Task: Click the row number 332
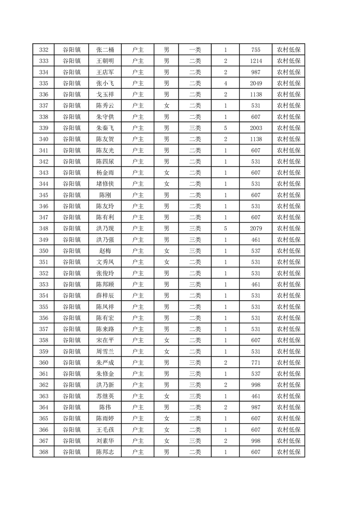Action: click(x=44, y=50)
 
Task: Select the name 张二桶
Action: click(x=105, y=50)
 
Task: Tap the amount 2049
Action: click(x=256, y=83)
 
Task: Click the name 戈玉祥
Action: click(x=105, y=94)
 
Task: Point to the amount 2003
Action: click(x=256, y=128)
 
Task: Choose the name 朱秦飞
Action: click(x=105, y=128)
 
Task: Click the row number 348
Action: click(x=44, y=228)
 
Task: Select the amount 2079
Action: click(x=256, y=228)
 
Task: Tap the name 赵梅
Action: click(x=105, y=251)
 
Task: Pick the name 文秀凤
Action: click(x=105, y=262)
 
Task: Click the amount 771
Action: click(x=256, y=362)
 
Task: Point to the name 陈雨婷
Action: click(x=105, y=418)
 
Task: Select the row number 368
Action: click(x=44, y=451)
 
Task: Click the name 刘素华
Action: click(x=105, y=440)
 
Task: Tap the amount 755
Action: click(x=256, y=50)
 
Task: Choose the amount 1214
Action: click(x=256, y=61)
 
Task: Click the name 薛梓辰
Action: click(x=105, y=295)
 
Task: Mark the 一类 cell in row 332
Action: click(x=195, y=50)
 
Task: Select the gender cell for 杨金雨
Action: click(x=167, y=172)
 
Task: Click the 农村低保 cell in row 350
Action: click(x=289, y=251)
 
